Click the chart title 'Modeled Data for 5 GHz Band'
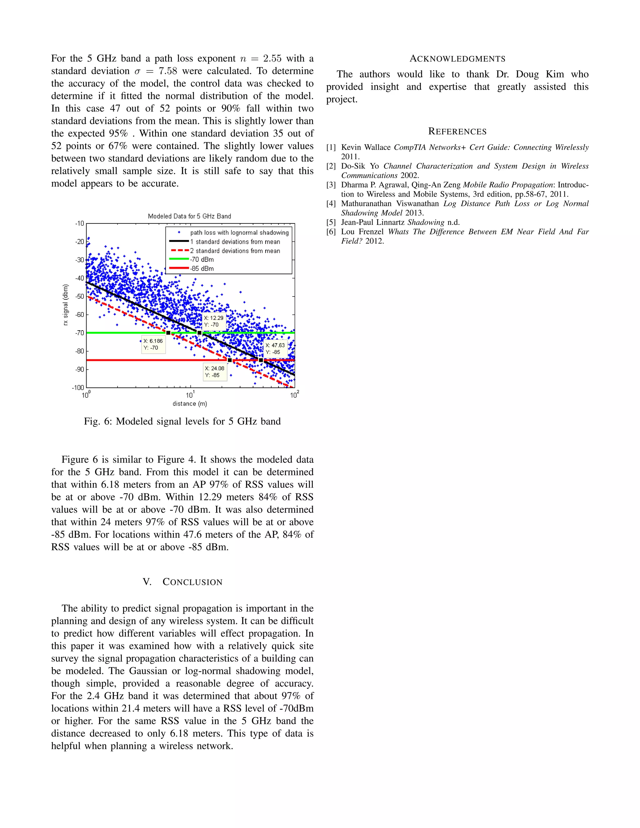[189, 216]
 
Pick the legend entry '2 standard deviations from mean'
[235, 251]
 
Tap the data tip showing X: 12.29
[214, 322]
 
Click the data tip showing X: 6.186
[153, 344]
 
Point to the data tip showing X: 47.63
[275, 348]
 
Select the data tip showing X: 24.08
[215, 372]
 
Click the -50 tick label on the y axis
[79, 296]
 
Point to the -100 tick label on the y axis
[78, 387]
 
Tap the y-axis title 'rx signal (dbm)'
[66, 305]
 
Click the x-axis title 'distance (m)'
[190, 404]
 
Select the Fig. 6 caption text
[182, 421]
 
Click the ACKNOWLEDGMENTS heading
[457, 59]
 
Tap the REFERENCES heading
[457, 132]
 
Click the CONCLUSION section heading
[182, 582]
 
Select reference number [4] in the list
[331, 204]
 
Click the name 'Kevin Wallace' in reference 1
[366, 147]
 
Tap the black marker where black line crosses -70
[199, 333]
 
